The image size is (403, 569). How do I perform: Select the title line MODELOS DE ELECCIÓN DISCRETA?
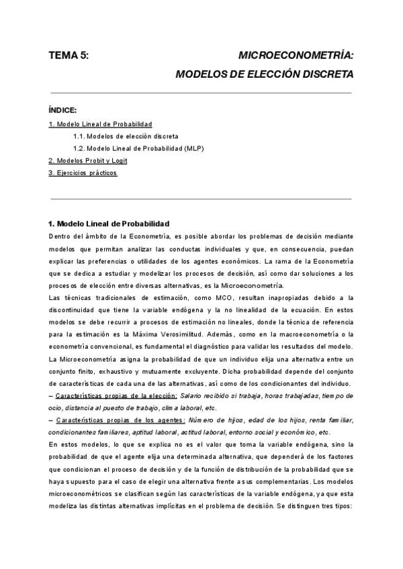tap(263, 74)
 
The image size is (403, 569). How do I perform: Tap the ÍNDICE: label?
tap(63, 109)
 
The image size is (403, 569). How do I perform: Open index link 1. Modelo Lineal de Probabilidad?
tap(100, 124)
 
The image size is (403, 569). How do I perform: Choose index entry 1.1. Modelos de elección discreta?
tap(126, 136)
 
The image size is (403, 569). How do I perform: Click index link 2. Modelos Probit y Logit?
tap(87, 160)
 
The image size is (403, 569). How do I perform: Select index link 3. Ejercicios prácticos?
tap(83, 172)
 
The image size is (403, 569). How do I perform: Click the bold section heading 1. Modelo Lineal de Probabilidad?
tap(109, 223)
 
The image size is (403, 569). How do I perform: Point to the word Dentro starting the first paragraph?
tap(60, 236)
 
